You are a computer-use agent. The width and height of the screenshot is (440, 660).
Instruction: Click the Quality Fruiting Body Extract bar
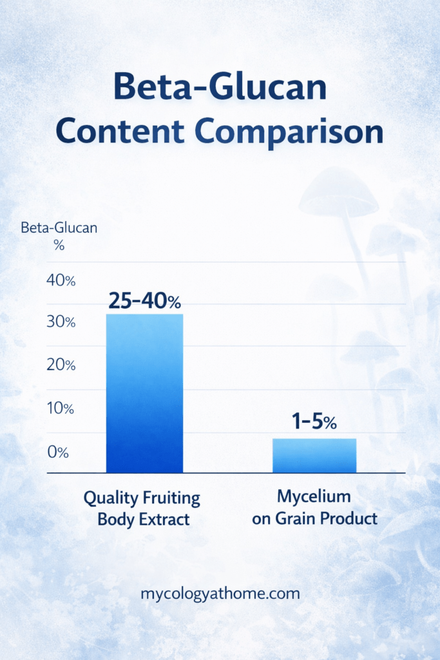click(144, 393)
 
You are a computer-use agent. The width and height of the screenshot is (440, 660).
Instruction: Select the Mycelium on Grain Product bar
click(314, 456)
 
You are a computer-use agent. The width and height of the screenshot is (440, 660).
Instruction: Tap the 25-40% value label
click(145, 301)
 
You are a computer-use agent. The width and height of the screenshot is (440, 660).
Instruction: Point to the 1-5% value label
click(314, 423)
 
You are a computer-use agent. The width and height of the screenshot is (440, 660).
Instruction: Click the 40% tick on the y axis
click(61, 280)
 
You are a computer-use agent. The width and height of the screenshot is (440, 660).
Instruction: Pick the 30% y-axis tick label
click(61, 322)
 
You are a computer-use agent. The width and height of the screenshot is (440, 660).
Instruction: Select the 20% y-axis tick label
click(61, 365)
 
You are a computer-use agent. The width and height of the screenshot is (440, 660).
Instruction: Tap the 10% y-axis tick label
click(61, 409)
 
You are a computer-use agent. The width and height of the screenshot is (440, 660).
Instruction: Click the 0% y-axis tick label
click(58, 452)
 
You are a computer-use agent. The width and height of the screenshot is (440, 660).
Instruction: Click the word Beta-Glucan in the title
click(220, 88)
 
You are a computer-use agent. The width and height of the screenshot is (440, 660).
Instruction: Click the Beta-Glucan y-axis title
click(59, 228)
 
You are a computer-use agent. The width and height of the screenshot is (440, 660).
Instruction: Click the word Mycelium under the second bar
click(314, 497)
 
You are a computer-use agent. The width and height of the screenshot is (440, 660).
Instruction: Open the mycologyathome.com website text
click(220, 594)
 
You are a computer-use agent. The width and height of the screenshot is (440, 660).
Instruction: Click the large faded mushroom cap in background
click(338, 193)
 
